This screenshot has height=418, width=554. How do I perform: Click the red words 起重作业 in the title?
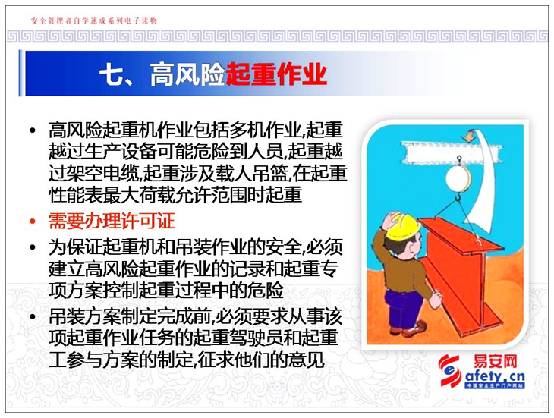276,74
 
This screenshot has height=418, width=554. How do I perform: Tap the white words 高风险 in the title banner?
187,74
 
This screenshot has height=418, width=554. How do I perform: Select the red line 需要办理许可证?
112,222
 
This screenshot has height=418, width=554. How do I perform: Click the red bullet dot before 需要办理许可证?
33,222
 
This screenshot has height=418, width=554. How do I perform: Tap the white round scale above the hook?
458,178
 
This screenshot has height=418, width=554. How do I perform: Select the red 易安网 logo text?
495,362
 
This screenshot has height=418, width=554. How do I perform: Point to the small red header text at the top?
94,20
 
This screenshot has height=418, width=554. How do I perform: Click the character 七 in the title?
111,74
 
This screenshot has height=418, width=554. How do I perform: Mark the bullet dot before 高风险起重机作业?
33,130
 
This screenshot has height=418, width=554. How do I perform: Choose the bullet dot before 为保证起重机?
33,247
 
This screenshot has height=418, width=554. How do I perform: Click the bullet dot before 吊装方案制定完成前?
33,316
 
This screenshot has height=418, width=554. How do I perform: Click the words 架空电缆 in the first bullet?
102,173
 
